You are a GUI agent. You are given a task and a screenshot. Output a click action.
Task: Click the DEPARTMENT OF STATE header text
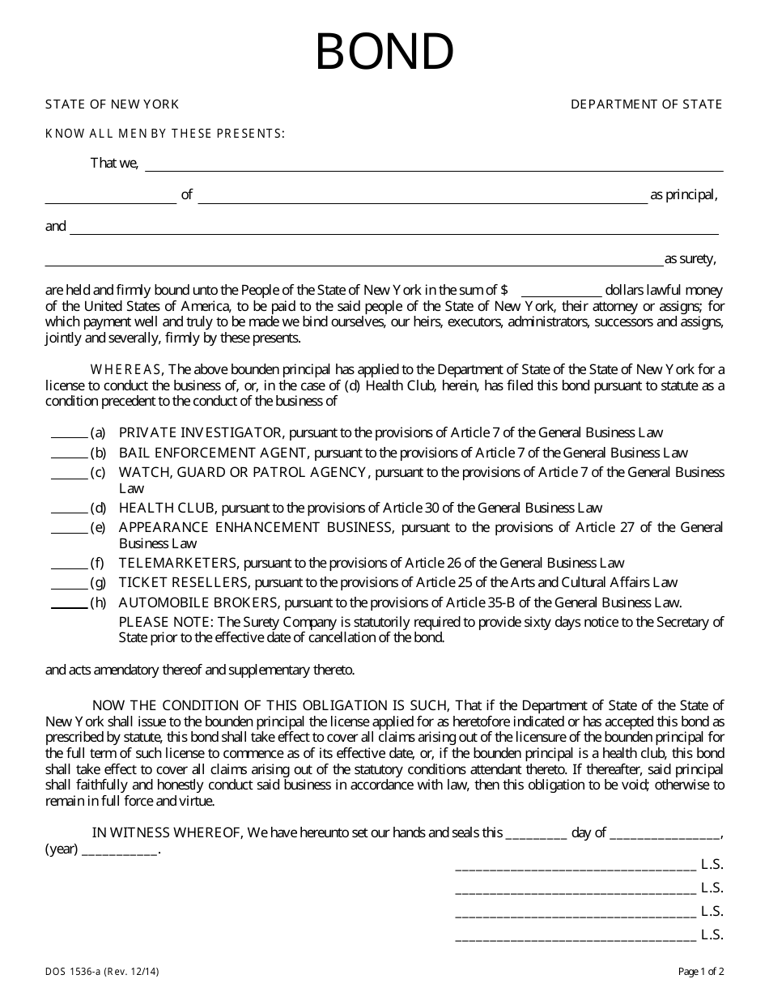click(x=646, y=104)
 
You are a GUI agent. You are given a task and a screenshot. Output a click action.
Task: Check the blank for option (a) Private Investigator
click(x=69, y=434)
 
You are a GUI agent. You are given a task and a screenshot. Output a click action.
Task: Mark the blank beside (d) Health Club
click(x=69, y=509)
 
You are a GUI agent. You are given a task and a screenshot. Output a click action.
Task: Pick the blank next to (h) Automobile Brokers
click(x=69, y=603)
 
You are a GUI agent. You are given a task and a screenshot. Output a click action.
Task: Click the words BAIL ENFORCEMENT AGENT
click(x=213, y=453)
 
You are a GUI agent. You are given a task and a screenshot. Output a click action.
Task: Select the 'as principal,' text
click(x=684, y=195)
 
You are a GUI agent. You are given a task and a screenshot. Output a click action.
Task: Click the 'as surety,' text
click(x=690, y=259)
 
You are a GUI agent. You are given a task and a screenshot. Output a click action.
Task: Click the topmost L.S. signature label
click(x=712, y=865)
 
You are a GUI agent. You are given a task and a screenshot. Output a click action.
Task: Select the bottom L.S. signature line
click(x=576, y=937)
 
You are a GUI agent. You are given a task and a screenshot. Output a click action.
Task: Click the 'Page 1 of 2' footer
click(x=701, y=971)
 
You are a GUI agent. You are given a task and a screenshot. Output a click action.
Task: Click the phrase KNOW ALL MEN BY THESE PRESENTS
click(x=164, y=134)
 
